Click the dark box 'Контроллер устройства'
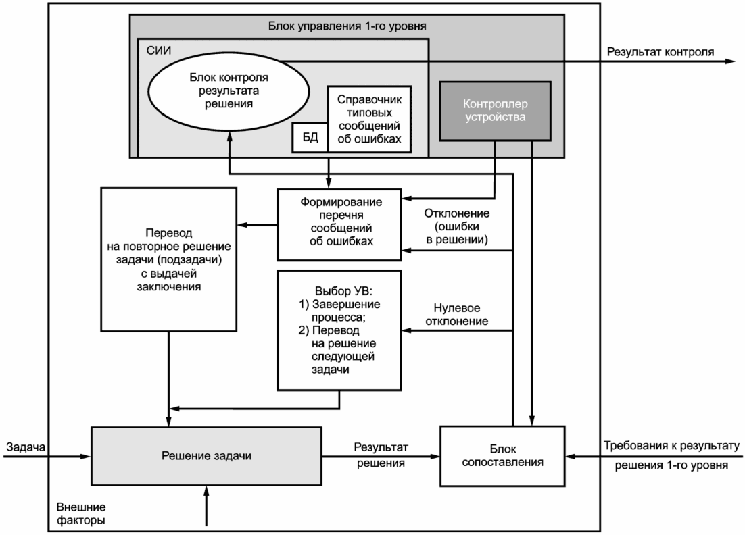tap(495, 111)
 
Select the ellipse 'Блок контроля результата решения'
tap(229, 91)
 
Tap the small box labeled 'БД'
tap(310, 138)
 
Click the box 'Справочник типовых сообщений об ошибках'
tap(369, 119)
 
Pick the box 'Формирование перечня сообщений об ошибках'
tap(339, 224)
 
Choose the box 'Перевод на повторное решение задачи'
tap(168, 259)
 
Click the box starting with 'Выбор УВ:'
tap(339, 330)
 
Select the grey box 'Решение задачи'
tap(206, 456)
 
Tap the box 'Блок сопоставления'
tap(502, 456)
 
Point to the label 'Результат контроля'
tap(660, 52)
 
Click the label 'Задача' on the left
tap(26, 447)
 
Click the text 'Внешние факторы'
tap(80, 513)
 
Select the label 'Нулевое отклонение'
tap(456, 315)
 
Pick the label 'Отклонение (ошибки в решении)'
tap(456, 226)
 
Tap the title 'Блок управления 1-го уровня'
tap(347, 26)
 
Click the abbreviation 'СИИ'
tap(159, 50)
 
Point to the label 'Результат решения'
tap(381, 455)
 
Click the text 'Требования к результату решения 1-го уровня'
tap(671, 455)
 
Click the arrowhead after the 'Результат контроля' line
tap(730, 61)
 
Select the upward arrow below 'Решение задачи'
tap(207, 505)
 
